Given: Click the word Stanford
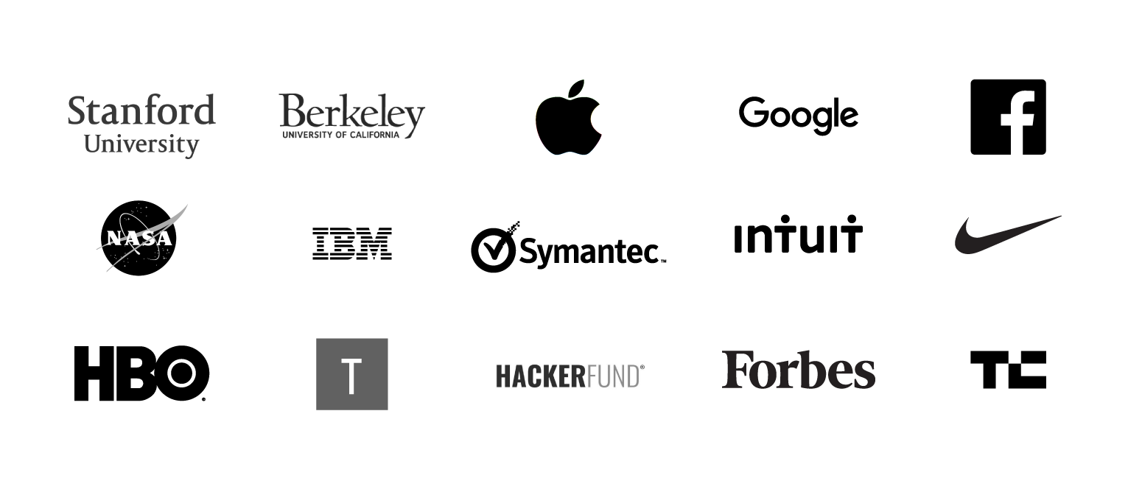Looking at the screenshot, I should (x=141, y=111).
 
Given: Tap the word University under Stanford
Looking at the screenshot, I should (x=141, y=144).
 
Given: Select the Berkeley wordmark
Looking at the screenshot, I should (x=352, y=113).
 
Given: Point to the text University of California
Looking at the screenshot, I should (x=340, y=135).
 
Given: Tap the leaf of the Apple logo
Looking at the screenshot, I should (x=575, y=88).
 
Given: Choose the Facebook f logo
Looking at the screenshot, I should (x=1017, y=122).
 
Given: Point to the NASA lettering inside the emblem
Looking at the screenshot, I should (x=139, y=238).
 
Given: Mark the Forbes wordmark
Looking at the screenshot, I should (x=799, y=370).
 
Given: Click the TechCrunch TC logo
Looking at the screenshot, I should (x=1008, y=370).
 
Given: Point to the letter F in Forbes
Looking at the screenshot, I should (x=735, y=369).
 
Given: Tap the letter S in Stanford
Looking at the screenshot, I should (x=77, y=111).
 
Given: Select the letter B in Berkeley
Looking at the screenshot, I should (x=292, y=111).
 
